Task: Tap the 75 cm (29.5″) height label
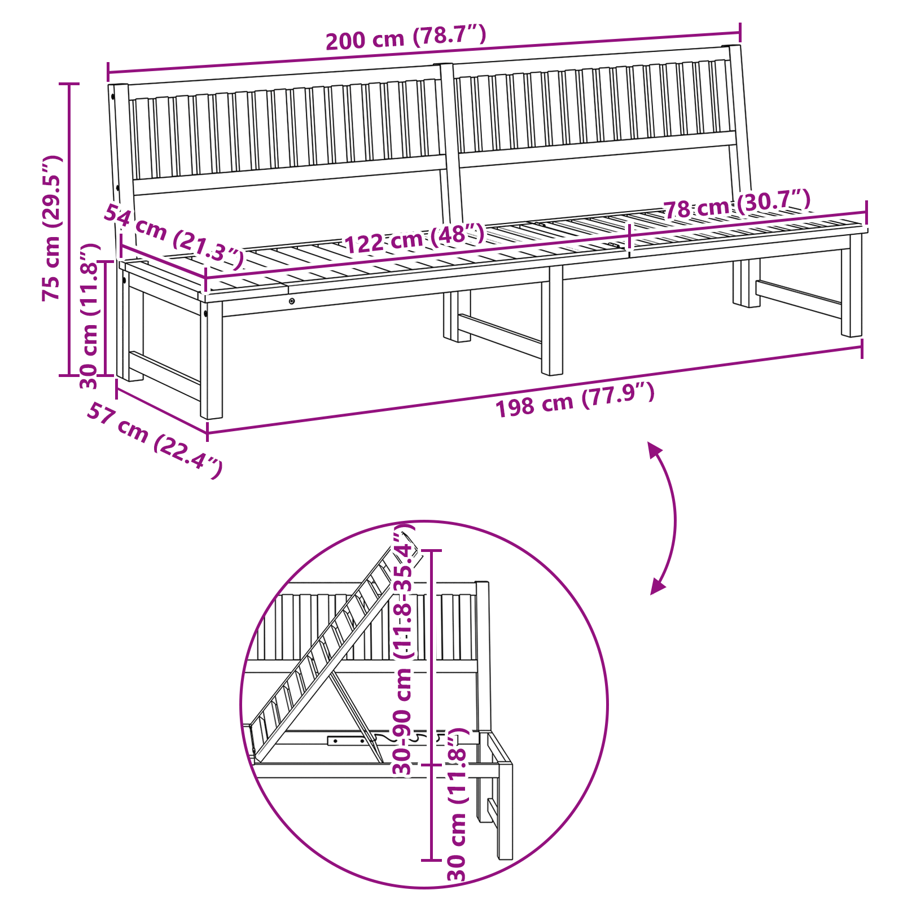[x=51, y=227]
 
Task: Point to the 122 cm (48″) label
[x=414, y=238]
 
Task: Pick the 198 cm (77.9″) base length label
[x=575, y=400]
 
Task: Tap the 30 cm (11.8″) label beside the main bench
[x=90, y=316]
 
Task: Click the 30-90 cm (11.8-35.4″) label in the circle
[x=404, y=650]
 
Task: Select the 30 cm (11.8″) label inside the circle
[x=458, y=804]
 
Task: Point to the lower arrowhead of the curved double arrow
[x=657, y=586]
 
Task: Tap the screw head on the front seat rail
[x=292, y=301]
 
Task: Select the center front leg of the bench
[x=552, y=320]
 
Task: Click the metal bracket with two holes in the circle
[x=347, y=740]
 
